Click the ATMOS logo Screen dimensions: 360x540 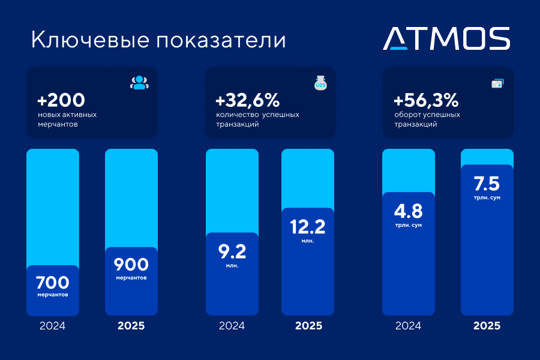(446, 38)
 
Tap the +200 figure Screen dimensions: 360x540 (61, 100)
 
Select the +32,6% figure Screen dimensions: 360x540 (247, 100)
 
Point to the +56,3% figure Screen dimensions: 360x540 (426, 100)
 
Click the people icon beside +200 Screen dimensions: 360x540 (139, 83)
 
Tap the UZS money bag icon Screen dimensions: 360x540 (320, 83)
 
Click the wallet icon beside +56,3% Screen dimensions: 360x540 (497, 83)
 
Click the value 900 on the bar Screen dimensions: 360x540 (131, 265)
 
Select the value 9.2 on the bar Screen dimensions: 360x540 (232, 250)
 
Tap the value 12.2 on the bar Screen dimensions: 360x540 (308, 226)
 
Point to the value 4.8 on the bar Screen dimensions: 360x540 (409, 211)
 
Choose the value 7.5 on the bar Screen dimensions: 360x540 (487, 183)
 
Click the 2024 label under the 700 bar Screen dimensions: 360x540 (53, 326)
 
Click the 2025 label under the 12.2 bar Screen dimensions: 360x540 (308, 326)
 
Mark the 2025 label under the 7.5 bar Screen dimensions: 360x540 (487, 326)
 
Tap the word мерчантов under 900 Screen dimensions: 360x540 (131, 278)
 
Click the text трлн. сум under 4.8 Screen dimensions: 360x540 (409, 225)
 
